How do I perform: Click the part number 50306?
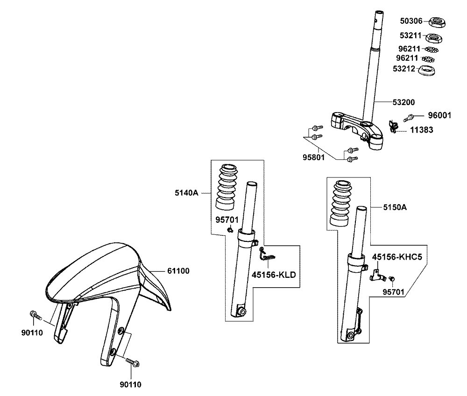pos(411,21)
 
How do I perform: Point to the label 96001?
pos(440,115)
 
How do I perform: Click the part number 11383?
pos(422,130)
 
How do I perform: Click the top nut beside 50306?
pos(437,21)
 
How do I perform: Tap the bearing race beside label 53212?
pos(426,72)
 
